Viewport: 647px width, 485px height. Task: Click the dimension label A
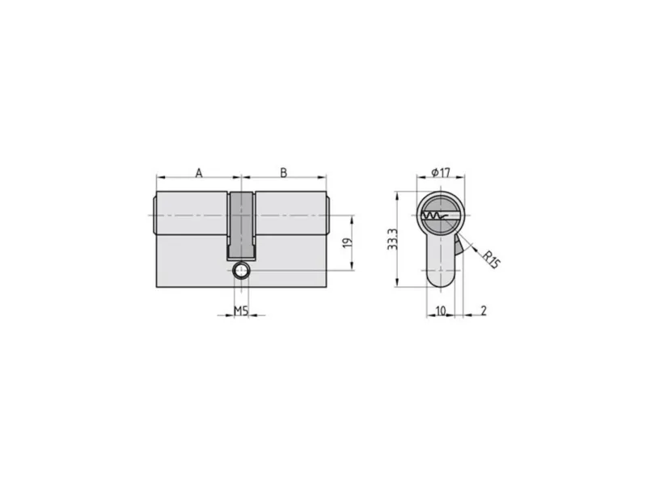pos(199,173)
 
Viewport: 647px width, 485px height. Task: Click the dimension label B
pos(284,173)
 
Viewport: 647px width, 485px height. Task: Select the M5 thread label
pos(241,310)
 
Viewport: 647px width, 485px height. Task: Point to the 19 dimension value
pos(349,242)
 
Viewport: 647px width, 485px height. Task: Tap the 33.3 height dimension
pos(392,239)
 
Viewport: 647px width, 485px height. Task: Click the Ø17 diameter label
pos(441,172)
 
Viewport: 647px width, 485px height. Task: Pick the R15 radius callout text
pos(491,259)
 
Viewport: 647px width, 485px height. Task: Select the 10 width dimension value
pos(441,310)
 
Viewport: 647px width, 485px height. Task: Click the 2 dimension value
pos(484,310)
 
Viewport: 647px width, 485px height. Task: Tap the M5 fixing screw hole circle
pos(240,271)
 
